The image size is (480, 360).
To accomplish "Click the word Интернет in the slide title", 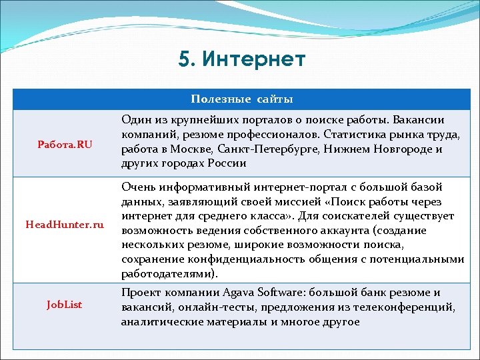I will tap(253, 60).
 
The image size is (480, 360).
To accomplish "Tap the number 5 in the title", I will tap(184, 60).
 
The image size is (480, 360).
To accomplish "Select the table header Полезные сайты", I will tap(241, 99).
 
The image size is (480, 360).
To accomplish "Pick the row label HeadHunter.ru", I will tap(65, 225).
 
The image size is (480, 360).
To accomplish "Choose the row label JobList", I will tap(65, 305).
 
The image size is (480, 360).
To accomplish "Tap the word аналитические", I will tap(159, 321).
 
